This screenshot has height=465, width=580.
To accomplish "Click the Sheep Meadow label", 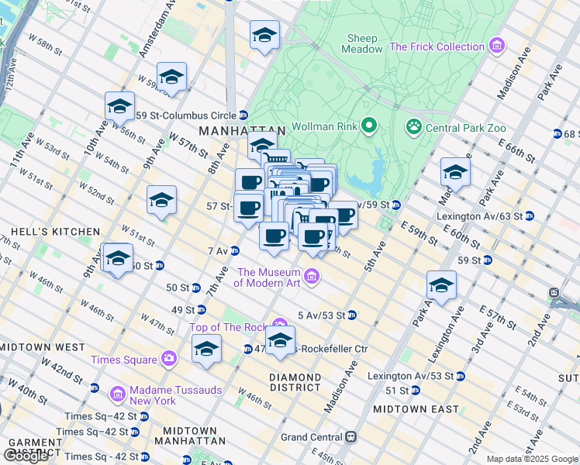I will point(362,43).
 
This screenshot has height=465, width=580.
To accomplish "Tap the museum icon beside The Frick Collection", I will point(497,46).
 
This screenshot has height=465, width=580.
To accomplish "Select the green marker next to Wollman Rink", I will point(370,125).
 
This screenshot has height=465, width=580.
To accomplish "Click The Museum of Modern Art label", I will point(268,277).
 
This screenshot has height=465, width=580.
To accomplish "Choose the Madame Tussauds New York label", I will point(153,395).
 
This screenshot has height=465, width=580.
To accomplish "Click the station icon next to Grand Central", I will point(350,437).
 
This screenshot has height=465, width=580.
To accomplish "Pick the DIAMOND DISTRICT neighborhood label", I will point(295,382).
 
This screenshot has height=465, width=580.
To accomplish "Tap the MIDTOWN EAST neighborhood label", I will point(416,408).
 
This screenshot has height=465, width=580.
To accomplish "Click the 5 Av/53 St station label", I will point(322,315).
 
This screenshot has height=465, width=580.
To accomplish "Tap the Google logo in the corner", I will point(26,456).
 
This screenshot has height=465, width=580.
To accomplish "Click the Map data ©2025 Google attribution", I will point(531,459).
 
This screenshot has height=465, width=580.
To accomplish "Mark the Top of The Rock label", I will point(230,327).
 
